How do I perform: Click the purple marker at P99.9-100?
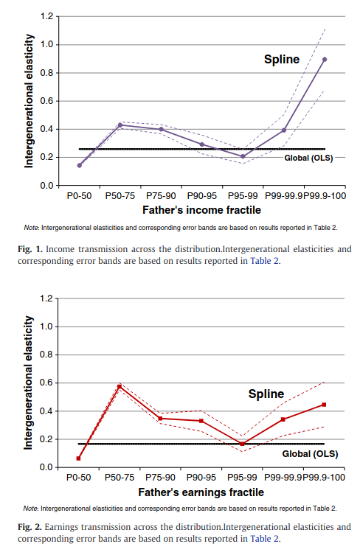click(325, 60)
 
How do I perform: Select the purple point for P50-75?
click(120, 125)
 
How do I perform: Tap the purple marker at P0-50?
click(80, 165)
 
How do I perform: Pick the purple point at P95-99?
click(243, 156)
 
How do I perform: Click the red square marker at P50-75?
click(120, 386)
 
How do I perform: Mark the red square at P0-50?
click(78, 458)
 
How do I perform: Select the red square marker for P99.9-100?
click(324, 405)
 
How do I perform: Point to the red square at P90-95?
click(201, 421)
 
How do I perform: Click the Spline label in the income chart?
click(282, 60)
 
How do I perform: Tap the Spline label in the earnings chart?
click(266, 394)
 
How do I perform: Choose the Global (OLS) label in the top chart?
click(308, 158)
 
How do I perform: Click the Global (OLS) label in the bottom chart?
click(310, 454)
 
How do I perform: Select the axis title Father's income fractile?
click(201, 210)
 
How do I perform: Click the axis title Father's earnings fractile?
click(201, 492)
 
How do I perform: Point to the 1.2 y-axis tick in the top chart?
click(46, 16)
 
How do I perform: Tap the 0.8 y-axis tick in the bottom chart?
click(46, 355)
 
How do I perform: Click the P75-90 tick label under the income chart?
click(161, 196)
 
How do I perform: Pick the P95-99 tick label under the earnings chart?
click(242, 478)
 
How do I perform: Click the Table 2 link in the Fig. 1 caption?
click(264, 261)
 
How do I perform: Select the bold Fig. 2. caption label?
click(30, 527)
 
